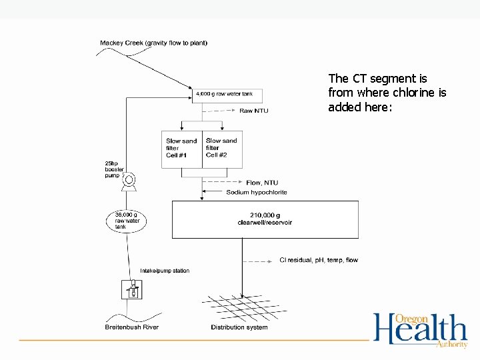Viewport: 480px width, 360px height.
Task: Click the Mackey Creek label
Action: (x=153, y=43)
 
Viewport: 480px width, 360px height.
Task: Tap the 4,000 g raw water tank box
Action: (x=227, y=95)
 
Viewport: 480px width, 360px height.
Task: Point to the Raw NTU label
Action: (x=254, y=111)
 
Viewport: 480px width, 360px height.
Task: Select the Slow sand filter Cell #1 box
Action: (x=181, y=148)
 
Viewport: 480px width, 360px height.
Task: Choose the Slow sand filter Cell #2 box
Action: (x=222, y=148)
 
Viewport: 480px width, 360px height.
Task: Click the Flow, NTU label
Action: (x=262, y=182)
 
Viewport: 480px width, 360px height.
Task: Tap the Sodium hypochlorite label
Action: (x=257, y=192)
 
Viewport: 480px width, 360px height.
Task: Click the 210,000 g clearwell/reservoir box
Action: (x=265, y=219)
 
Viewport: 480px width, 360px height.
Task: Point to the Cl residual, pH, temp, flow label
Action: (x=318, y=260)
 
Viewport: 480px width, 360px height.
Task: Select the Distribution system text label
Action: (x=239, y=327)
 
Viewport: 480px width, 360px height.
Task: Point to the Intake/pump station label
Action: (x=165, y=271)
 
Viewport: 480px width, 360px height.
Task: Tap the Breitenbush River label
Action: (x=132, y=327)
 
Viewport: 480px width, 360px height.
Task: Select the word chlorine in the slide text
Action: (x=408, y=93)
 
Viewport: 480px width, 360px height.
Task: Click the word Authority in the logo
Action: (x=451, y=345)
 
